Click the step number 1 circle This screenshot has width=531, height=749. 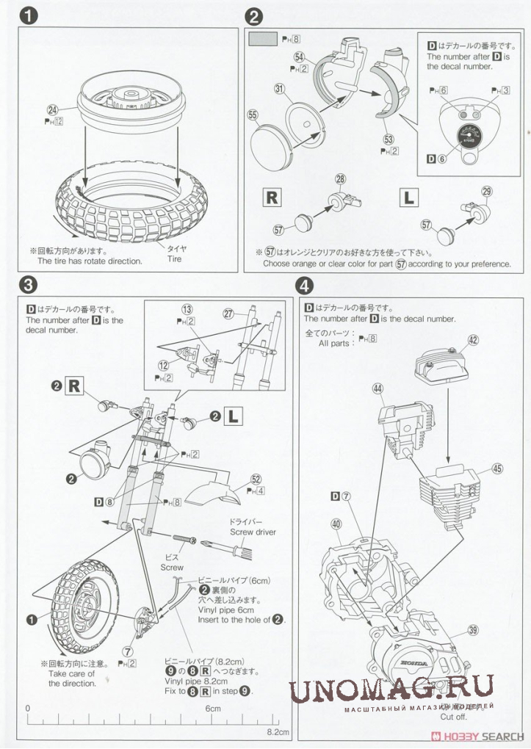(x=29, y=16)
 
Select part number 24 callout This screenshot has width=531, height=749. (x=51, y=111)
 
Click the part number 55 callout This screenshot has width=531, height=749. (x=253, y=115)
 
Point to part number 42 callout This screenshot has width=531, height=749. (x=473, y=340)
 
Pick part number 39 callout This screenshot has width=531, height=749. (x=472, y=630)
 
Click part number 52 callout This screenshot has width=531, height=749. (x=256, y=478)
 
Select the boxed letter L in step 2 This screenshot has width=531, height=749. (x=408, y=196)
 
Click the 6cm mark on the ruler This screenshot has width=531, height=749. (x=213, y=709)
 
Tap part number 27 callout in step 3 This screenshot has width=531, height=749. (x=228, y=314)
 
